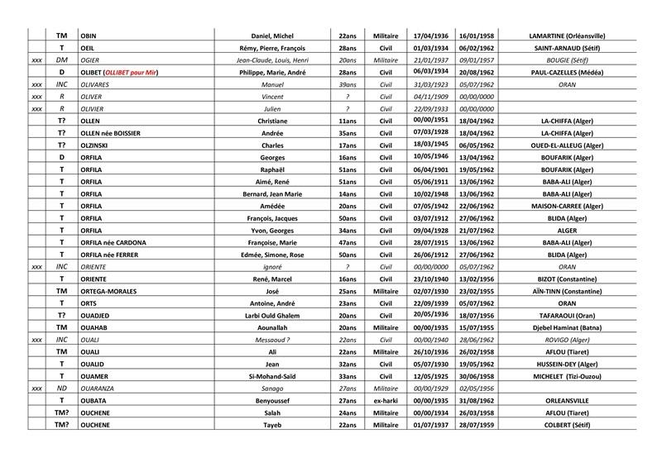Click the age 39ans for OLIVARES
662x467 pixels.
[x=347, y=84]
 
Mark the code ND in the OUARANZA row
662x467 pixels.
[x=61, y=387]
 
